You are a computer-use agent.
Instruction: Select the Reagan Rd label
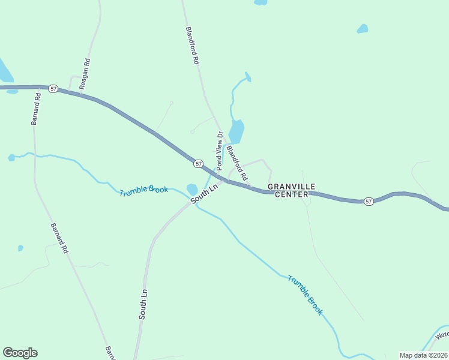(x=85, y=74)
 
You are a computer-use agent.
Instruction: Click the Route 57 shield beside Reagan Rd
(x=53, y=89)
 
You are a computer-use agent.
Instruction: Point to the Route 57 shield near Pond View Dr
(x=199, y=163)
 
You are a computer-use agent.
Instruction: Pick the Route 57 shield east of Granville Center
(x=369, y=202)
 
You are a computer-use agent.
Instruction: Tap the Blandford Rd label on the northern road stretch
(x=192, y=45)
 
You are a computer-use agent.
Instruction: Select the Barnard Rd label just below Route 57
(x=37, y=108)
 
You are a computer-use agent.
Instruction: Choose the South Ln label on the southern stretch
(x=143, y=304)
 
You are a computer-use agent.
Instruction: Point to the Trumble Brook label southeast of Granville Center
(x=305, y=295)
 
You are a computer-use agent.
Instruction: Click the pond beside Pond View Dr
(x=237, y=131)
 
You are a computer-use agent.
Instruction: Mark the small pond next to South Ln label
(x=192, y=188)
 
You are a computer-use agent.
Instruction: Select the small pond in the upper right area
(x=363, y=28)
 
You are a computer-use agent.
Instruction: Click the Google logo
(x=20, y=353)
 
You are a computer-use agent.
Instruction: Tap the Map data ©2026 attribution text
(x=423, y=355)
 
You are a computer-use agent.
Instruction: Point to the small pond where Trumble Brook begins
(x=11, y=157)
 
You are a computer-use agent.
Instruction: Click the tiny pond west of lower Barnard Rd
(x=20, y=248)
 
